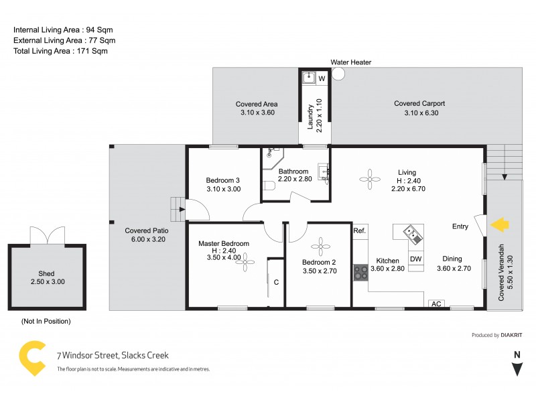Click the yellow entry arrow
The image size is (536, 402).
pos(500,225)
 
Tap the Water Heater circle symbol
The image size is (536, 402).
pos(338,74)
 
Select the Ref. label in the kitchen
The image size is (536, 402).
pos(360,231)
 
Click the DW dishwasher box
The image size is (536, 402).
pos(415,259)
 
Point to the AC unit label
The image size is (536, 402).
pos(436,304)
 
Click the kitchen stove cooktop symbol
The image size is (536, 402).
pos(360,272)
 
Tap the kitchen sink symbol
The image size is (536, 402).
pos(411,234)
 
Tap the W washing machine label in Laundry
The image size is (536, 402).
pos(322,78)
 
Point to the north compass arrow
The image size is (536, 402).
pos(516,369)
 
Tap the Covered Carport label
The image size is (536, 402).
pos(419,104)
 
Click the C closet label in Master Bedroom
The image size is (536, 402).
pos(276,282)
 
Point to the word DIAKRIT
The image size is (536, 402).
pos(513,335)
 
